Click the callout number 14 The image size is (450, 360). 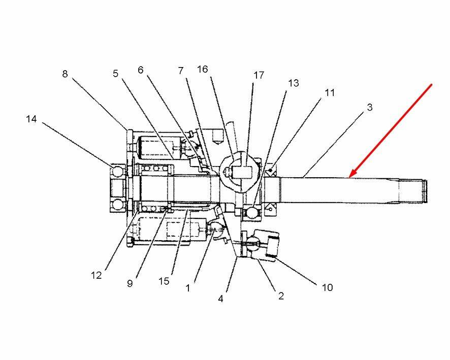(31, 119)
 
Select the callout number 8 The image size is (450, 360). (65, 74)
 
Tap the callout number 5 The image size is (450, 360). (116, 74)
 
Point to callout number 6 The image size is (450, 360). (141, 70)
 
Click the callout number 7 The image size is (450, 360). (180, 71)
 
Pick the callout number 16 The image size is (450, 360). (202, 69)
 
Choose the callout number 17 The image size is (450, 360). (259, 75)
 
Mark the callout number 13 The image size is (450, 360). (293, 83)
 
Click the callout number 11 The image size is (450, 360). (330, 92)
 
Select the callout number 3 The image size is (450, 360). (370, 107)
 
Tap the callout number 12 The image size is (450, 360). (97, 275)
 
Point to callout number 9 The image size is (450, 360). (130, 283)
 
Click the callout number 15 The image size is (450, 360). (164, 281)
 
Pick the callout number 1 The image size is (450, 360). (188, 288)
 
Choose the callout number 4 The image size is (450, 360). (220, 299)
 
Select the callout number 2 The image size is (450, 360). (281, 296)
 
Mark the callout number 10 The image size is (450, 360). (328, 287)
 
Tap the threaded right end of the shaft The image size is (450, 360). (425, 191)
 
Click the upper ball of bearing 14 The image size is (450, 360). (117, 172)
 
